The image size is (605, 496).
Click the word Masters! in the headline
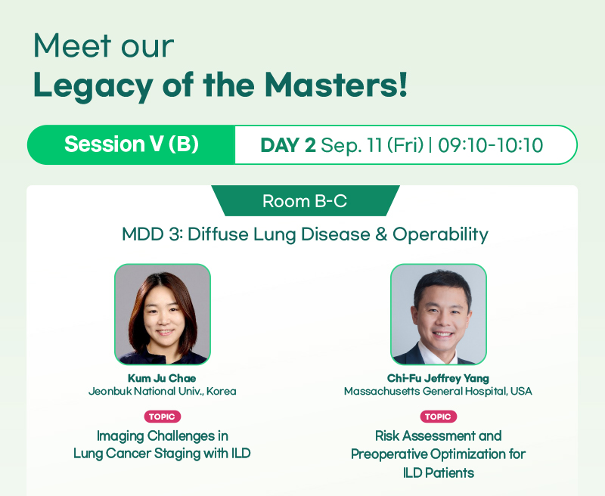(336, 85)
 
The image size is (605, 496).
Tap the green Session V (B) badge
(131, 144)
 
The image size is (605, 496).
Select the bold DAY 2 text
(288, 145)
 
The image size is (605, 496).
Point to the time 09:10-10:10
(490, 145)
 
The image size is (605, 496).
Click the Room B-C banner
(306, 200)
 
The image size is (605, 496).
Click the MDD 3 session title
(306, 234)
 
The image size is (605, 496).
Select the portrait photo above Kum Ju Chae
(163, 315)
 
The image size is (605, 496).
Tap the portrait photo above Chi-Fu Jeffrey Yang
(439, 315)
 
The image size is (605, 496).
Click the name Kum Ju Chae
(162, 378)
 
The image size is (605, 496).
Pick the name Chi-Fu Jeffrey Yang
(438, 378)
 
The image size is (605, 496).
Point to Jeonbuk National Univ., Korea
(162, 391)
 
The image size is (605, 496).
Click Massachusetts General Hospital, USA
(438, 391)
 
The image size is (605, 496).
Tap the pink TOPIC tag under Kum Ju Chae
(163, 417)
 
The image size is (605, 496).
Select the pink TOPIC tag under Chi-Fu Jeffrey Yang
(439, 417)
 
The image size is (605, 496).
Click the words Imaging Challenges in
(163, 436)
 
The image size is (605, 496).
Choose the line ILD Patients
(439, 473)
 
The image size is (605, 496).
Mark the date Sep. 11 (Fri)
(372, 145)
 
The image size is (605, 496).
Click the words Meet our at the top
(104, 45)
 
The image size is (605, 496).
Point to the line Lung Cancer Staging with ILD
(162, 453)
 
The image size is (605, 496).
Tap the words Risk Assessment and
(439, 436)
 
